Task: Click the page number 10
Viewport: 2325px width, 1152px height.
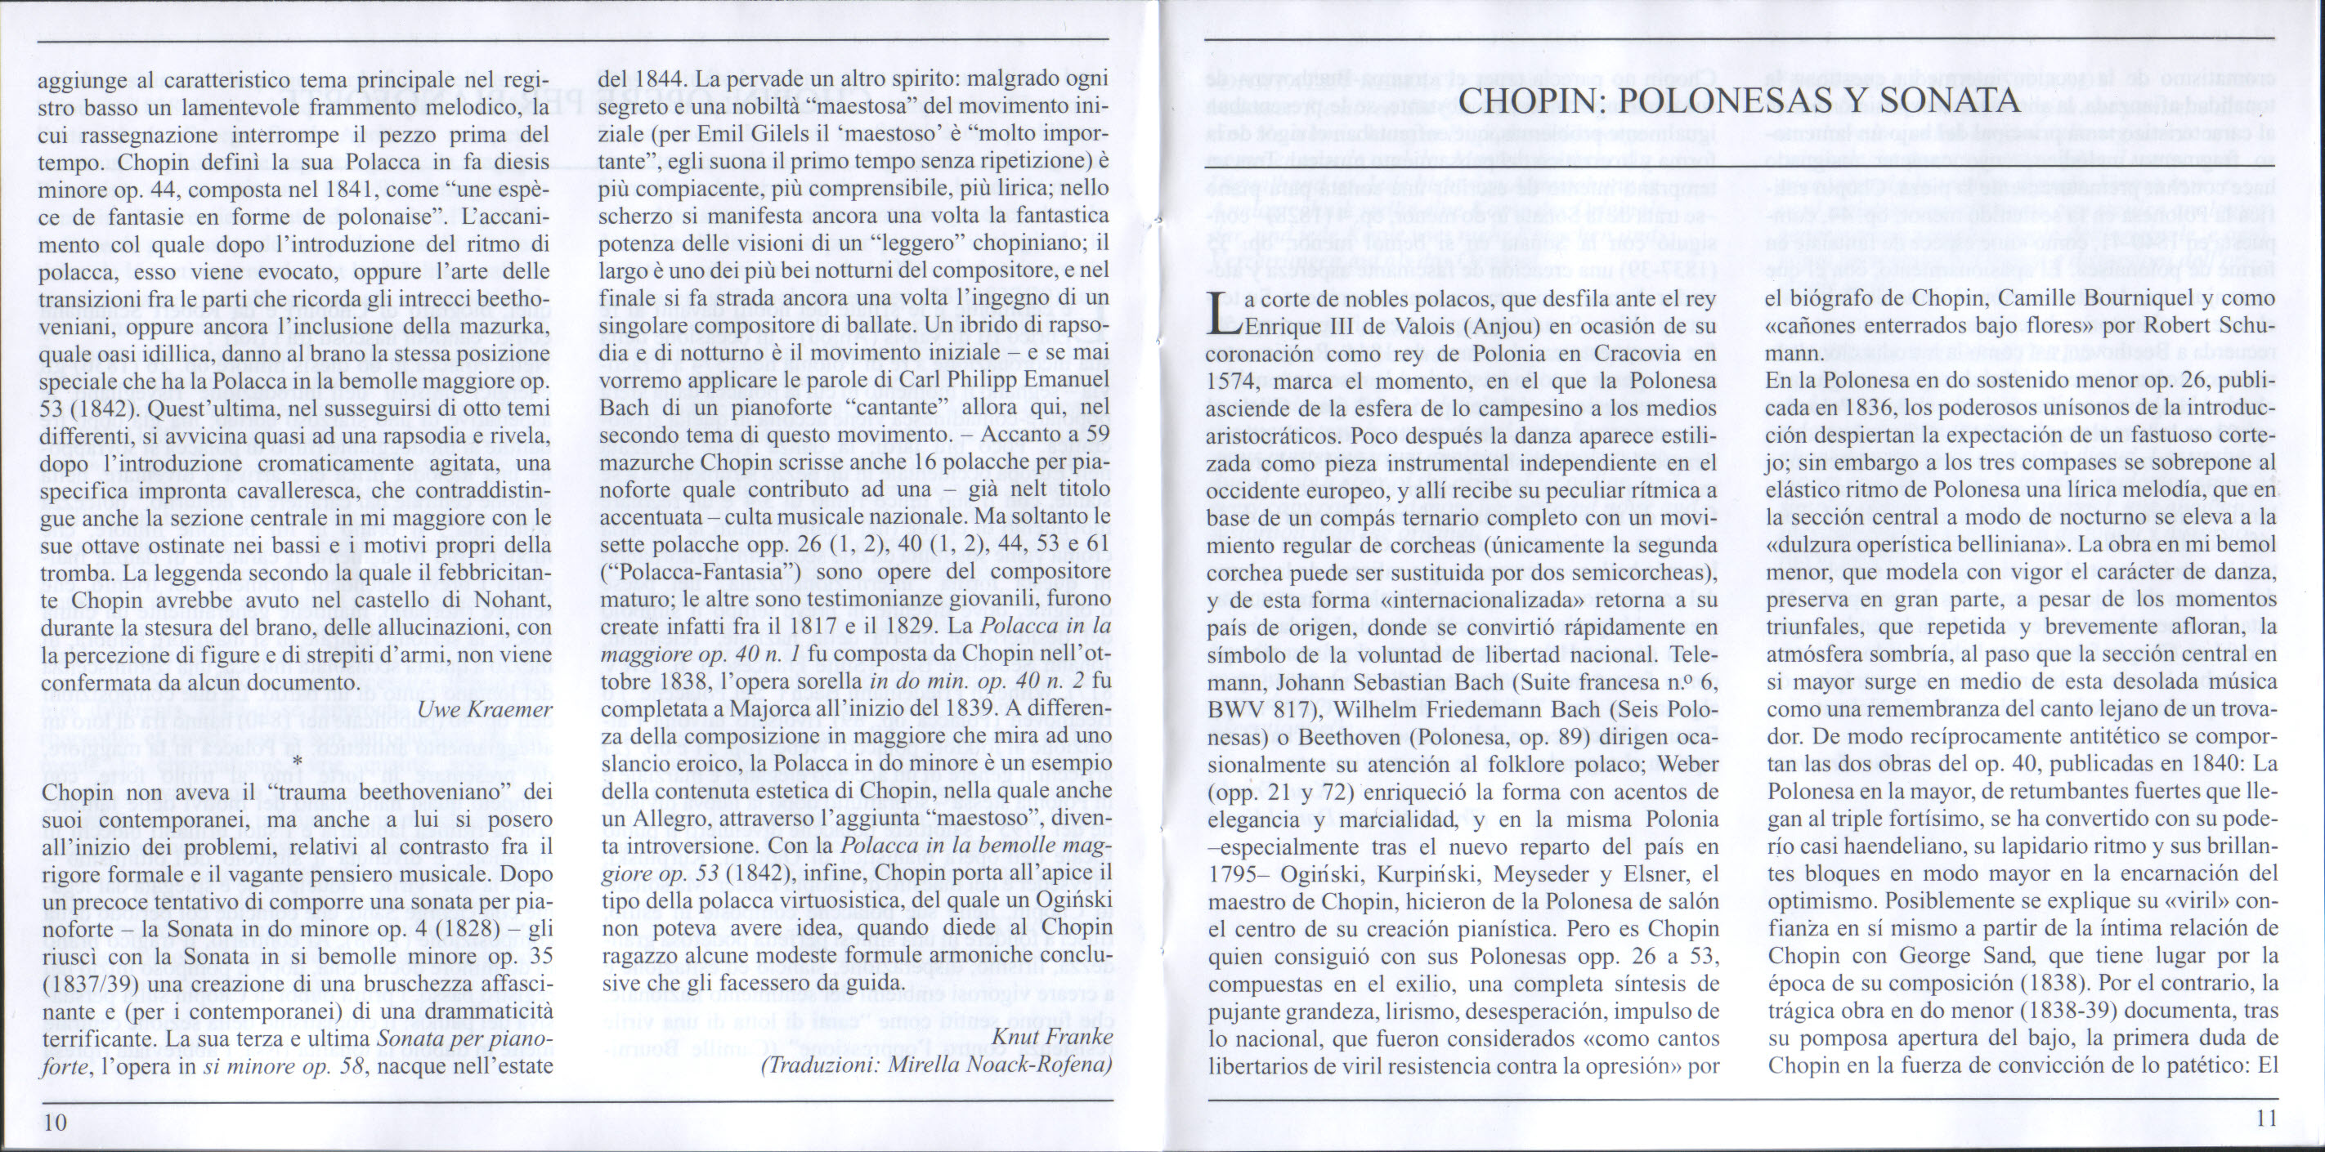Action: [x=55, y=1121]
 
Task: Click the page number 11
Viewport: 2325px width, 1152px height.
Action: [x=2265, y=1119]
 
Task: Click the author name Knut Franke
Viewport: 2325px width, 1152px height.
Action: [x=1051, y=1038]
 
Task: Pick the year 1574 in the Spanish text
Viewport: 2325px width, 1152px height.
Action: [x=1234, y=382]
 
